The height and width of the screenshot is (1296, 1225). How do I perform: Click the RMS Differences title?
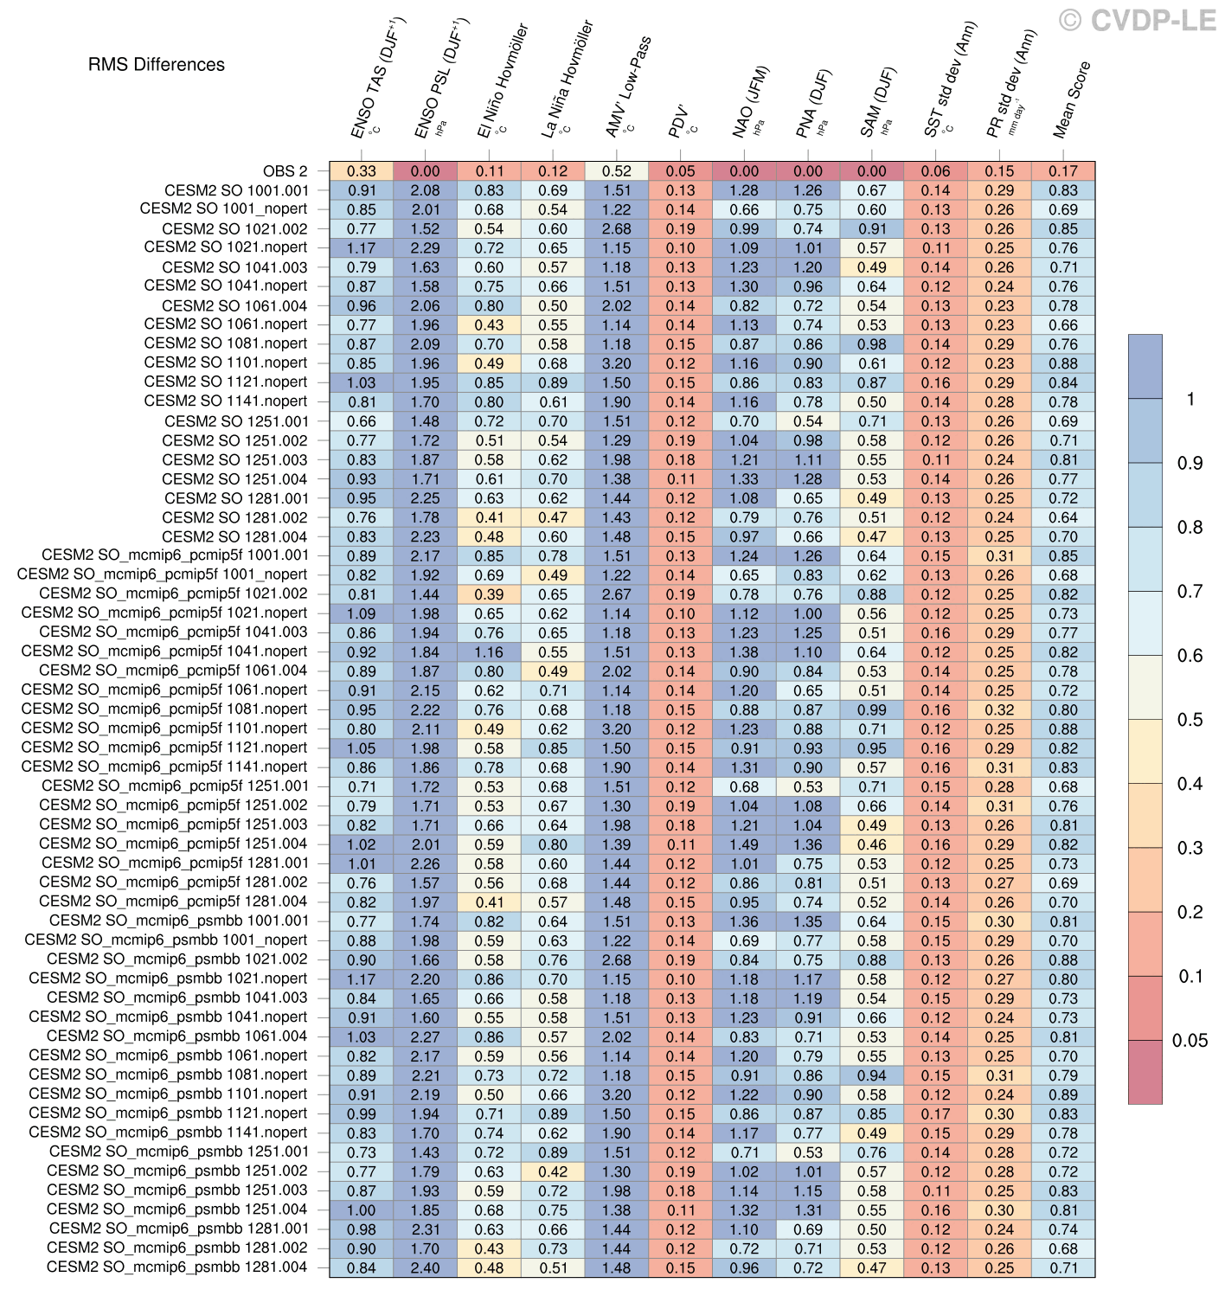tap(157, 65)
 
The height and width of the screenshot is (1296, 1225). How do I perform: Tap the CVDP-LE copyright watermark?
tap(1138, 21)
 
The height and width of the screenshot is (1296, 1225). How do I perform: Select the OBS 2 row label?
tap(285, 171)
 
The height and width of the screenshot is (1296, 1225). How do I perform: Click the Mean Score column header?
tap(1071, 99)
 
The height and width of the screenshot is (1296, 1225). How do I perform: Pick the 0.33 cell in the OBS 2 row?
tap(362, 171)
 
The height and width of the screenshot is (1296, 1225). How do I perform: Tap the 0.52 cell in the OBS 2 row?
tap(617, 171)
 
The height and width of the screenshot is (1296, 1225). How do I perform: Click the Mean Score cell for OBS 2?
tap(1063, 171)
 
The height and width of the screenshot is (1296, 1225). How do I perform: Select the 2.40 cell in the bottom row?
tap(425, 1267)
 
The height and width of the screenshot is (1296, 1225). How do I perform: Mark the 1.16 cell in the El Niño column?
tap(489, 652)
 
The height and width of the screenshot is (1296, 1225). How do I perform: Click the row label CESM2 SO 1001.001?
tap(236, 190)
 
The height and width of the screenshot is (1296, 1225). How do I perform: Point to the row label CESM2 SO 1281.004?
tap(234, 536)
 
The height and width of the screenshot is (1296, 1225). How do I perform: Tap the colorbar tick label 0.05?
tap(1190, 1041)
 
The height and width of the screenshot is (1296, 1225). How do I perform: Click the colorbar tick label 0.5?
tap(1190, 720)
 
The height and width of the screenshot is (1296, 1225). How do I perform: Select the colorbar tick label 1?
tap(1191, 399)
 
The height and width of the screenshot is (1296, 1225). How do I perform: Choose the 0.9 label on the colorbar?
tap(1190, 464)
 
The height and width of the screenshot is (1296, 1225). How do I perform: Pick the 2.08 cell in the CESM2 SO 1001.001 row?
tap(425, 190)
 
